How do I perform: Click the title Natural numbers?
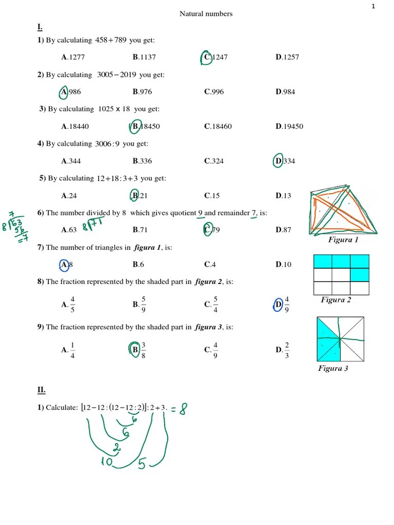(x=206, y=14)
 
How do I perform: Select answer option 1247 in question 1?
(x=215, y=57)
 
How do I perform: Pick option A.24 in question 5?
(x=68, y=196)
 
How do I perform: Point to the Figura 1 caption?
(x=343, y=240)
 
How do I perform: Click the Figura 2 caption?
(x=336, y=300)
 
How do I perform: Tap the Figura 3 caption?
(x=333, y=369)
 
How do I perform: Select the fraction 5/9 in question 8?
(x=144, y=305)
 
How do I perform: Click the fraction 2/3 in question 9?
(x=287, y=350)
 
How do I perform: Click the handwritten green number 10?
(x=107, y=461)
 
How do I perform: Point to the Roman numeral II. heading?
(x=41, y=390)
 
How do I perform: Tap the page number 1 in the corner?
(x=373, y=6)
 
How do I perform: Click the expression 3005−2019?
(x=117, y=75)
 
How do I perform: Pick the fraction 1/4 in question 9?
(x=72, y=350)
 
